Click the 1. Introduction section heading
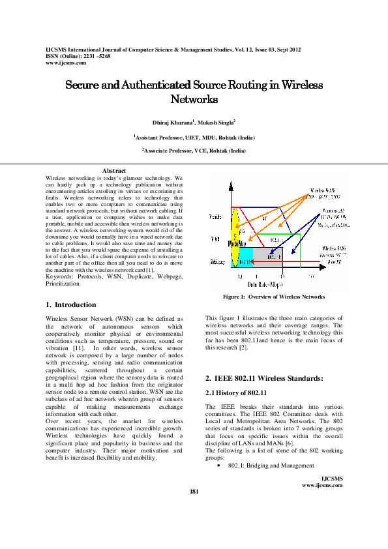click(71, 304)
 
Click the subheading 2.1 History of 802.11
click(237, 393)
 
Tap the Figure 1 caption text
click(274, 297)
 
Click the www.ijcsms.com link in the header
click(66, 63)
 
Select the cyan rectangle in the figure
click(245, 258)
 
